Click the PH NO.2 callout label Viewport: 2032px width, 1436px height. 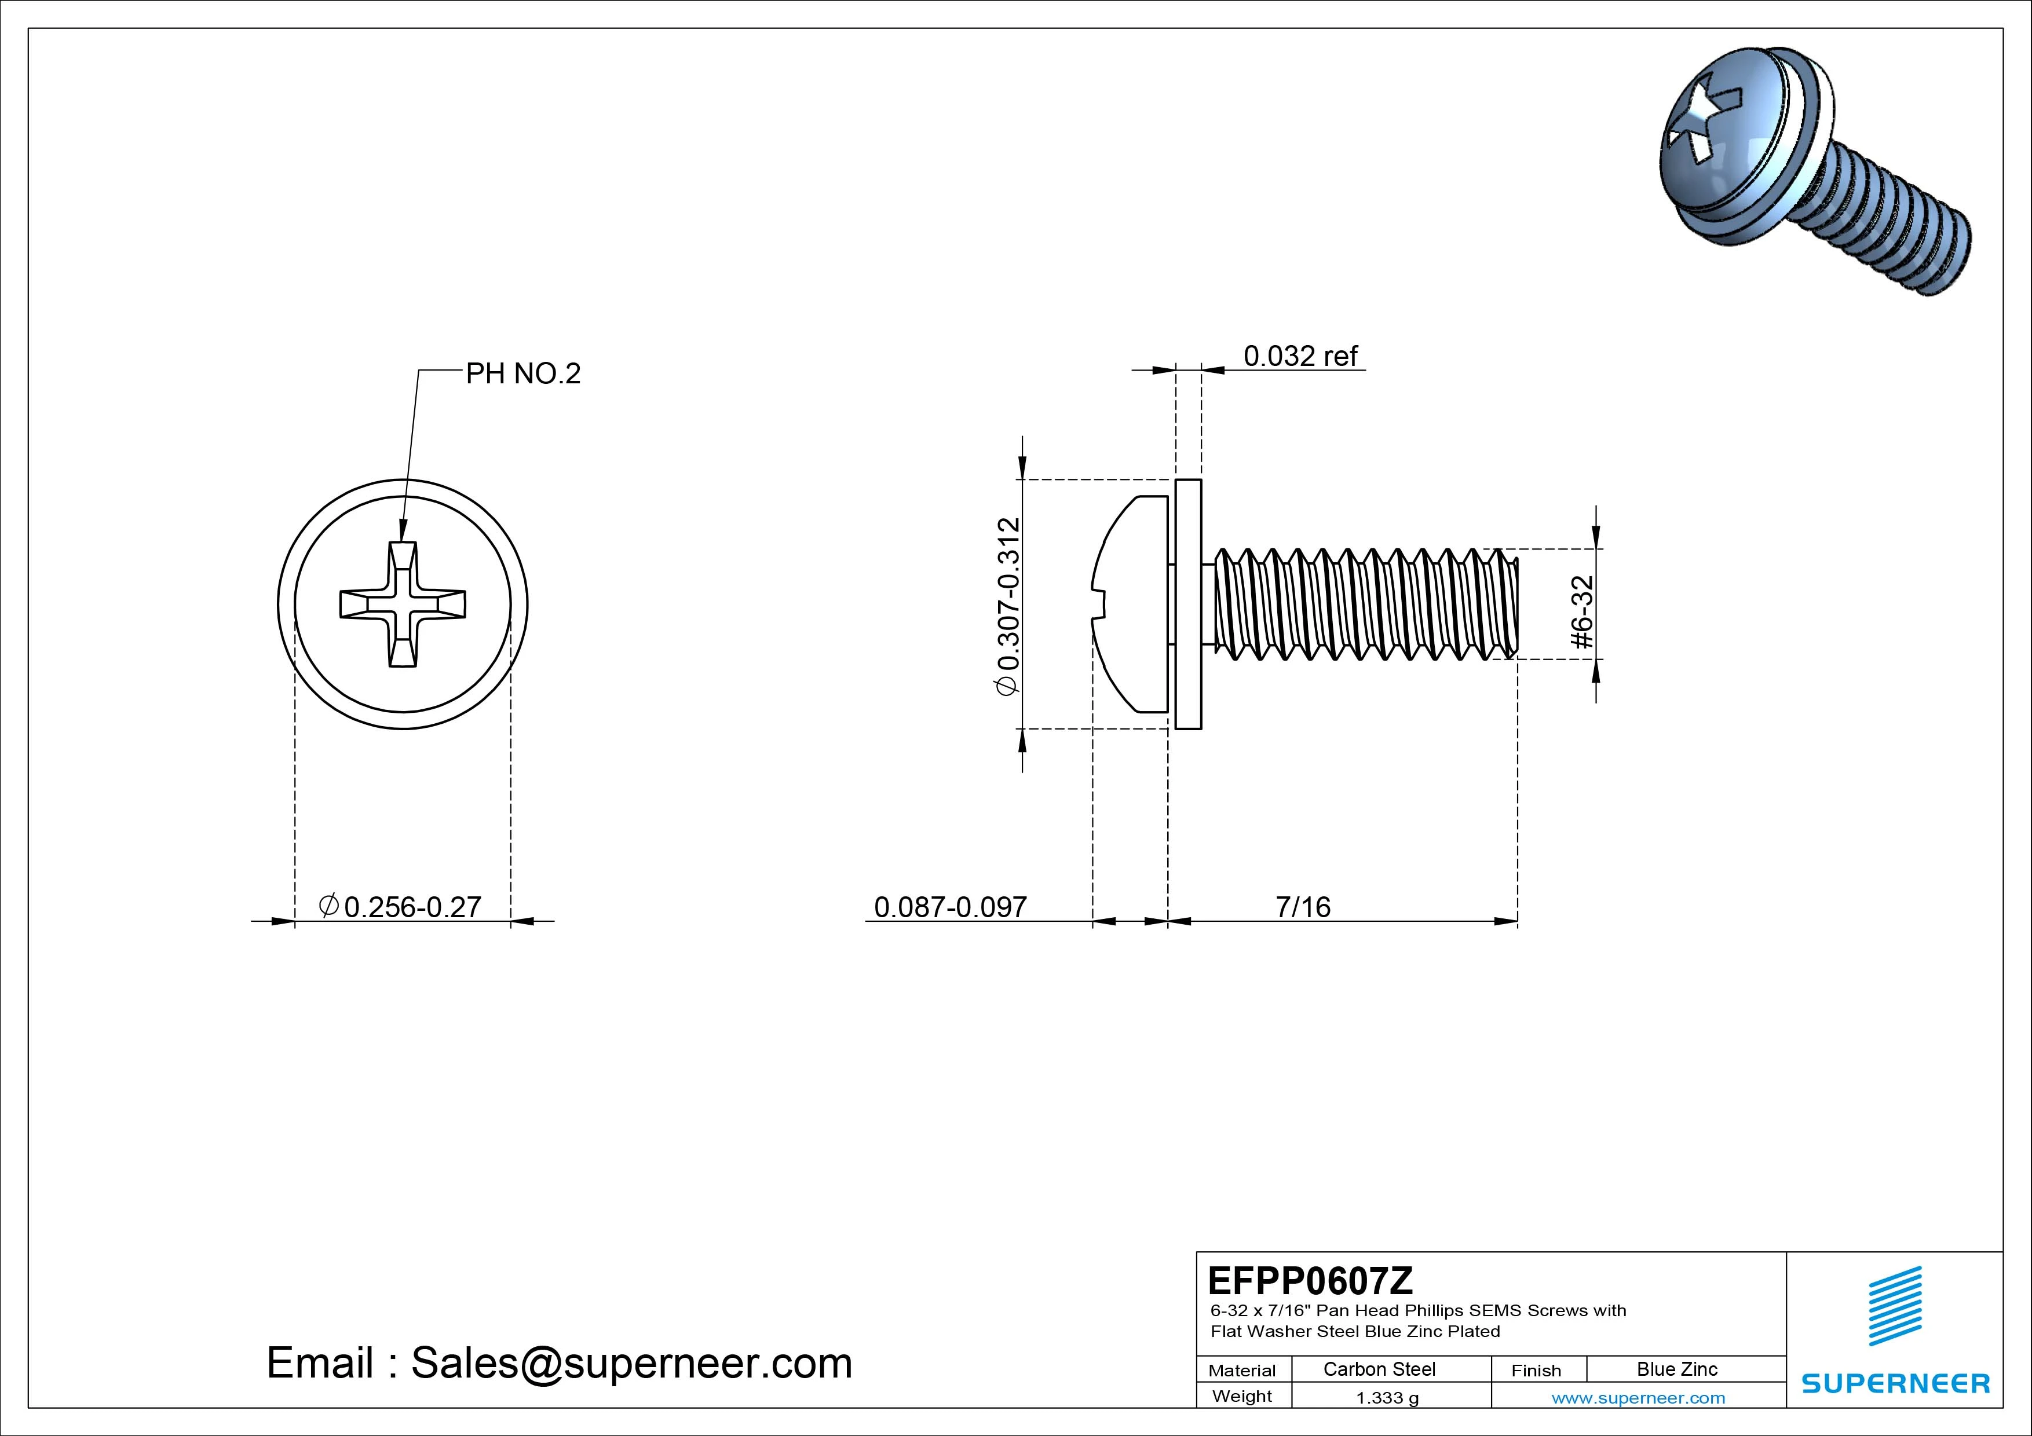point(523,373)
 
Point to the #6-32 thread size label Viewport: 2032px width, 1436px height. point(1583,611)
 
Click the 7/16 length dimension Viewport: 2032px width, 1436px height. point(1303,907)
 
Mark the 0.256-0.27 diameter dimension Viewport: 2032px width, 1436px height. point(400,907)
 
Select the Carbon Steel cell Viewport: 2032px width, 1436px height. point(1379,1369)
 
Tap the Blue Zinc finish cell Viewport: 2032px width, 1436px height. point(1677,1369)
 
